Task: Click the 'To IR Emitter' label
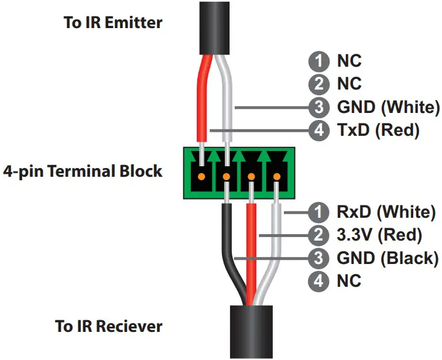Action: (112, 23)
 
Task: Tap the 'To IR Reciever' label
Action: (109, 326)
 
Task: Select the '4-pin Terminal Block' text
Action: (83, 172)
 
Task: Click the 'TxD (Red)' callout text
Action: (378, 131)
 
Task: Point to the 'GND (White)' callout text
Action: (388, 107)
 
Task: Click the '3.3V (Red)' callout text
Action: (379, 235)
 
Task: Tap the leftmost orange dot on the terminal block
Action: (201, 176)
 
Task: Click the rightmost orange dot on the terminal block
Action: (276, 176)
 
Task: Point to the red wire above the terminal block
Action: (202, 100)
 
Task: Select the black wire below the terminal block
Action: (229, 246)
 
